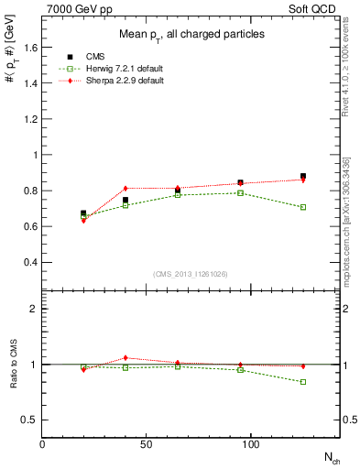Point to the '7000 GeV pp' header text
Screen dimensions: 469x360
click(x=77, y=8)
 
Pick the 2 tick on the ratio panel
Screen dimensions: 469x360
click(x=34, y=309)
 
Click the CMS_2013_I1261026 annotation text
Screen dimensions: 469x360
click(x=190, y=275)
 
